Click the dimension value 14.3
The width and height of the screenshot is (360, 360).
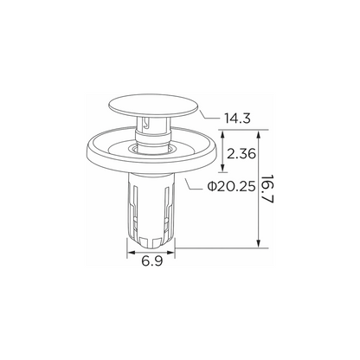coord(237,119)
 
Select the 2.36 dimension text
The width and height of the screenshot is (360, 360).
coord(241,153)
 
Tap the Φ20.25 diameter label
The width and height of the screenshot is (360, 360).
coord(231,187)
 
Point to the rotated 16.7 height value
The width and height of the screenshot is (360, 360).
coord(267,190)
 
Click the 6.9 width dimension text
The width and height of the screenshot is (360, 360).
coord(152,261)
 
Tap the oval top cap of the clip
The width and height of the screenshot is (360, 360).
coord(153,106)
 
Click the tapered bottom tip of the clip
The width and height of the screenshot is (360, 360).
coord(151,241)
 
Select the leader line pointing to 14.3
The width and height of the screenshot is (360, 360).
coord(210,116)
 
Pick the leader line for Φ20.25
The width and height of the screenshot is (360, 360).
coord(194,185)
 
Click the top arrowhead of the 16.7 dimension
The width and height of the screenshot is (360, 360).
coord(259,135)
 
